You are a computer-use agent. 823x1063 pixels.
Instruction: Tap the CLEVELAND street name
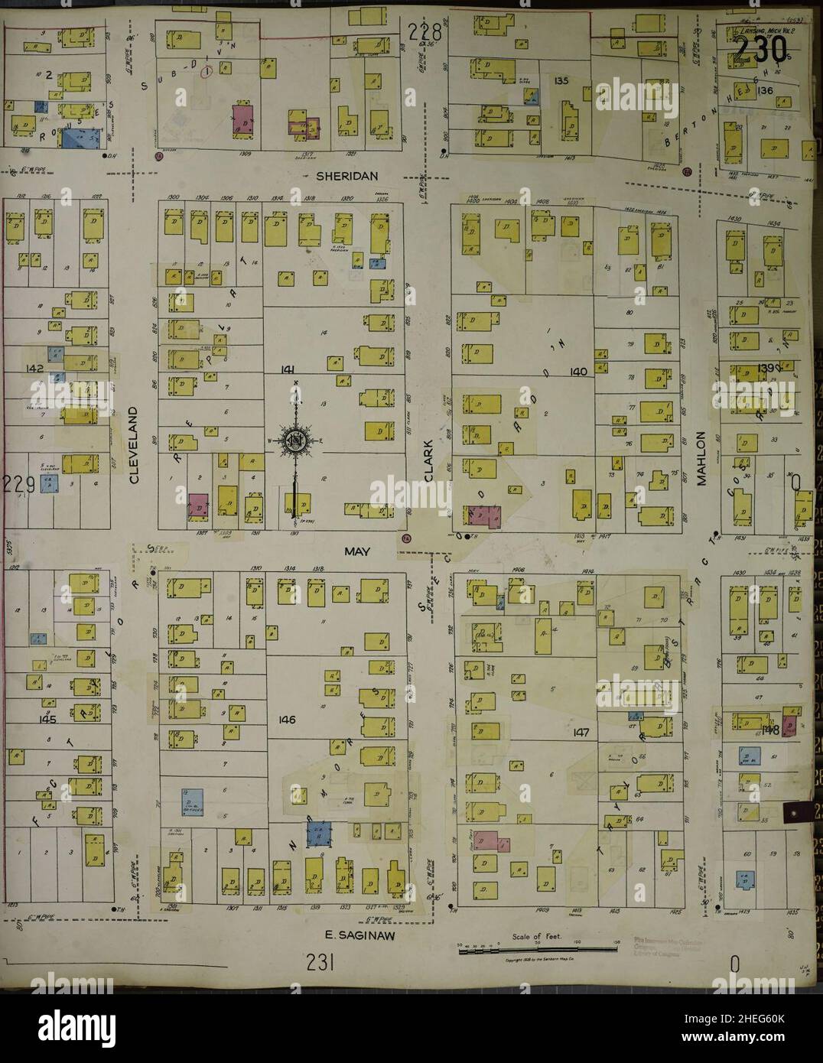(134, 445)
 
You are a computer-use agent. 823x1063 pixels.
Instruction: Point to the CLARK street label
(428, 460)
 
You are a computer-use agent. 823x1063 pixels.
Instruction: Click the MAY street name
(356, 551)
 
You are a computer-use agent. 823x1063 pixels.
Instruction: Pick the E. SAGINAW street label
(352, 934)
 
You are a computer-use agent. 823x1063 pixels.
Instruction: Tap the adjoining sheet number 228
(425, 33)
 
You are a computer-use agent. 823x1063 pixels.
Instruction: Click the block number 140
(578, 372)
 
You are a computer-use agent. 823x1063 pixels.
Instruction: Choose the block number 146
(288, 720)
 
